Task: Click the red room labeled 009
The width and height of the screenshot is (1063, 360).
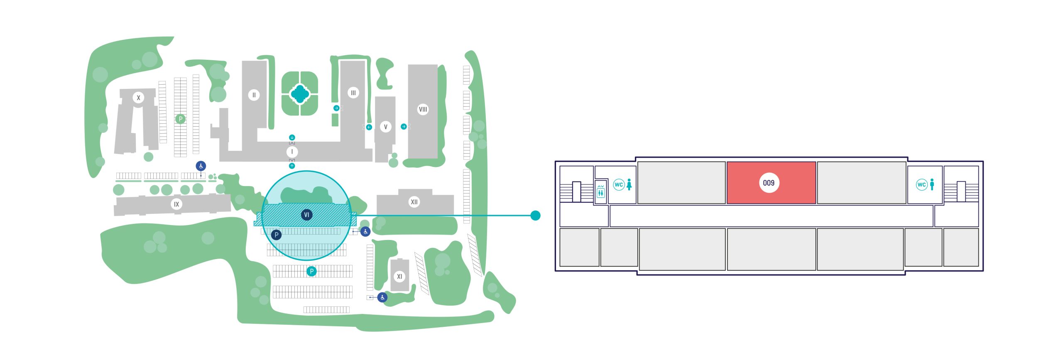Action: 771,183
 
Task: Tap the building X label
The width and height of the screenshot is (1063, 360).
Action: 138,98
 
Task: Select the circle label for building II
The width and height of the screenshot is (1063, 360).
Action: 254,95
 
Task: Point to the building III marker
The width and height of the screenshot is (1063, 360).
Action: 353,93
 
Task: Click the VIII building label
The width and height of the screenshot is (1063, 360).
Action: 423,109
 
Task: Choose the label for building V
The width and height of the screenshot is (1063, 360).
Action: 385,127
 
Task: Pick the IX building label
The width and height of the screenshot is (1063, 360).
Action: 176,204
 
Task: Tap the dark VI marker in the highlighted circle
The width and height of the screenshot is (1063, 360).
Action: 306,215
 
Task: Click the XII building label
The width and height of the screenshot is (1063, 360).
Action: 414,202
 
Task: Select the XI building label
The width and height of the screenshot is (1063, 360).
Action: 399,276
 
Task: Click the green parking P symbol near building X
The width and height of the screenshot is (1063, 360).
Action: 180,119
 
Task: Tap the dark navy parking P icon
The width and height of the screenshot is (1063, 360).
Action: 276,235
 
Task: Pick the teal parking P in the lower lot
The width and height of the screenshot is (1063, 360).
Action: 311,271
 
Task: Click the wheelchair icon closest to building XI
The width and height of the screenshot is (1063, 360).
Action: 382,297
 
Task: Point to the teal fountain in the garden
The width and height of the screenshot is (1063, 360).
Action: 299,94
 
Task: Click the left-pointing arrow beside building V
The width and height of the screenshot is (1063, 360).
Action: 369,127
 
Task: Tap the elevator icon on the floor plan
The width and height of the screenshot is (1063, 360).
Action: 600,192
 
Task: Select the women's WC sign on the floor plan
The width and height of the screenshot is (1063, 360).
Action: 622,185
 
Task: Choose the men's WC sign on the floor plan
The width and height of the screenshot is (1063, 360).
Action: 925,185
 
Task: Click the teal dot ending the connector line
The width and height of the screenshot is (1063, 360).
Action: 536,216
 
